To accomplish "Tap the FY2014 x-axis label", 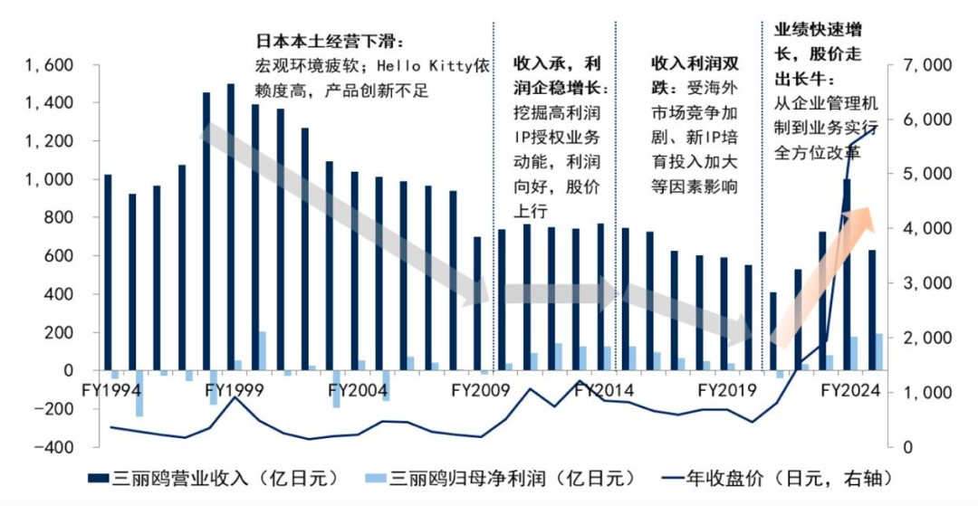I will pyautogui.click(x=603, y=391).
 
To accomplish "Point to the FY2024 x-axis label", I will pyautogui.click(x=849, y=391).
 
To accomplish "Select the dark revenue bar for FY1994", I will pyautogui.click(x=108, y=272).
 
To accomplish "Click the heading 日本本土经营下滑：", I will pyautogui.click(x=329, y=42).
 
